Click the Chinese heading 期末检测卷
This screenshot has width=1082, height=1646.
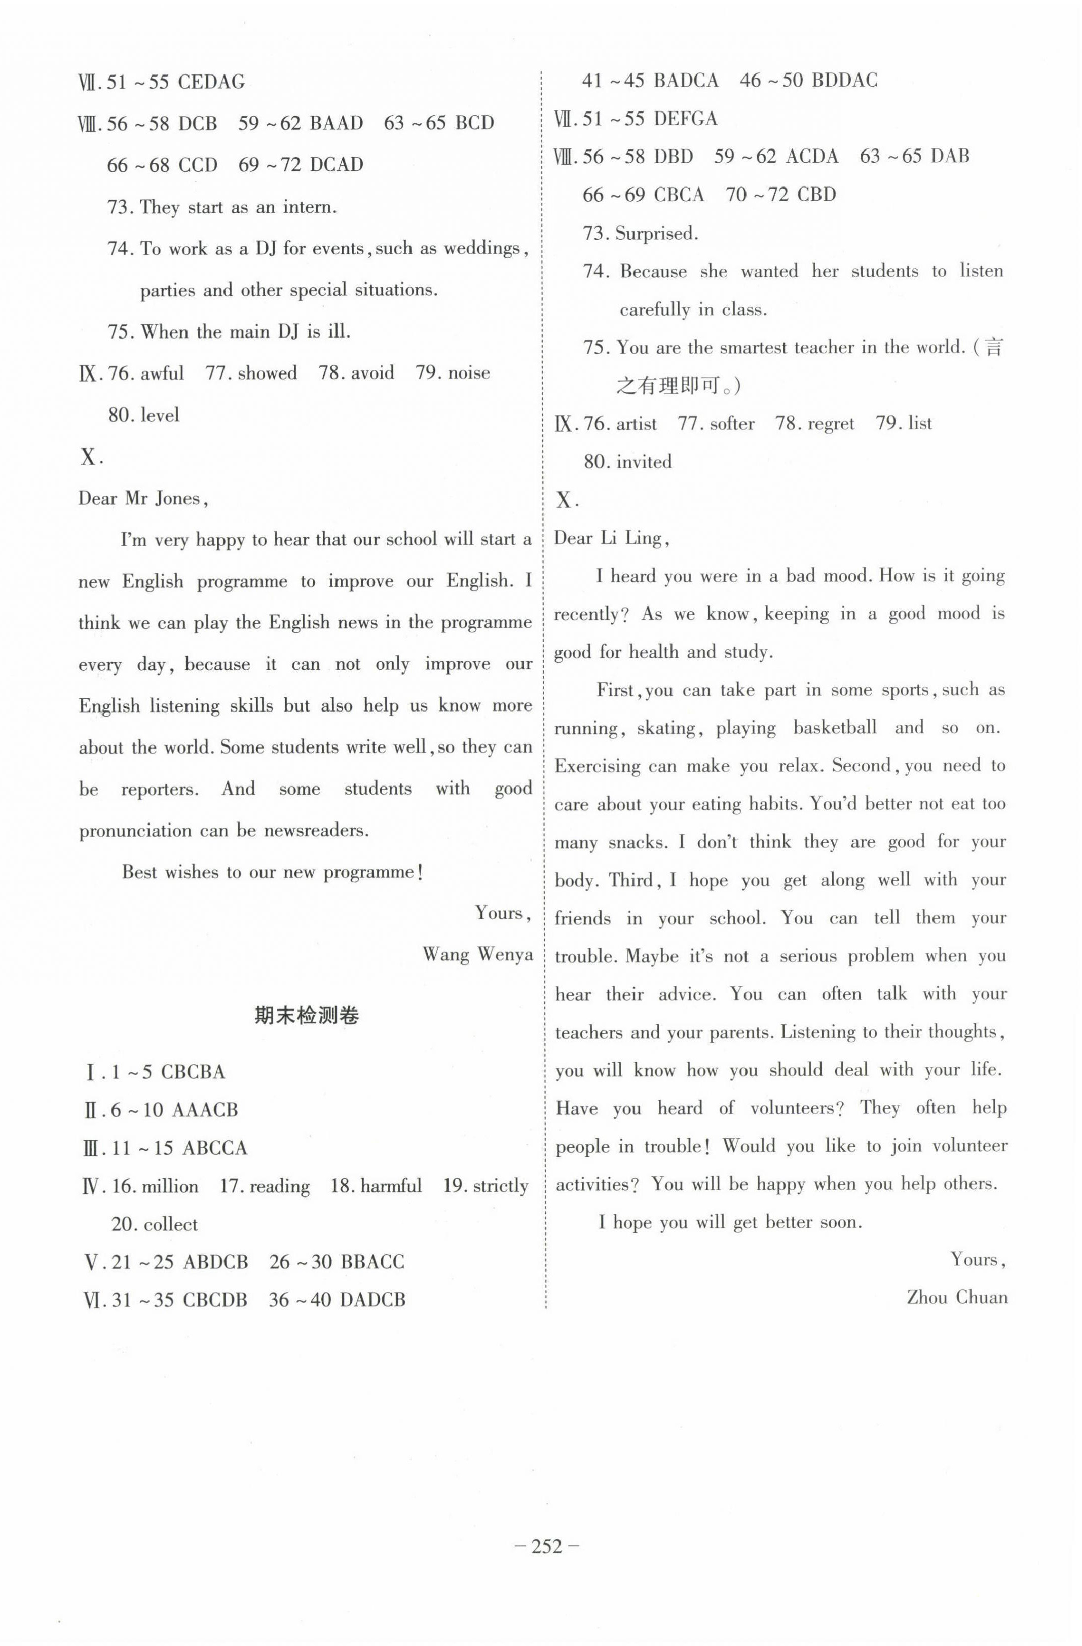point(307,1015)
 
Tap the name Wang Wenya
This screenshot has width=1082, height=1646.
point(477,954)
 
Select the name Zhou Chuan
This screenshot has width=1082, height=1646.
point(957,1297)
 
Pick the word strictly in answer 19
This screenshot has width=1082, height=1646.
point(500,1186)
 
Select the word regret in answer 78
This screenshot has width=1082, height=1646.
point(830,423)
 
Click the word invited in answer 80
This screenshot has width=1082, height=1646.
point(644,461)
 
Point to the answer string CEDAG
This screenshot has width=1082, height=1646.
point(211,82)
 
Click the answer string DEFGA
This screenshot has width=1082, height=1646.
point(685,119)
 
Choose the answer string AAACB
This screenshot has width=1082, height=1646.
point(204,1110)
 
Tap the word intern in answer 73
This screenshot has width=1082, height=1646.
point(306,207)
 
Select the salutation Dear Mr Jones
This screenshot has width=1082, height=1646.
point(142,499)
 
